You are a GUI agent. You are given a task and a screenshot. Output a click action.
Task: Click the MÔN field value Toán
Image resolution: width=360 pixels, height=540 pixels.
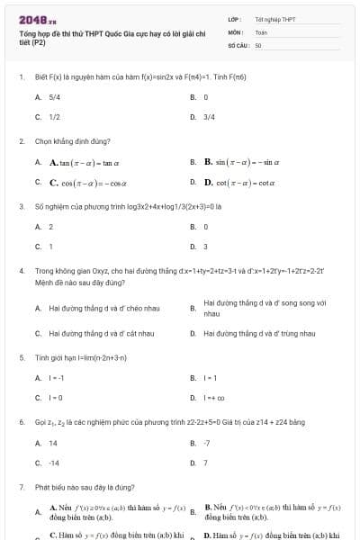click(261, 31)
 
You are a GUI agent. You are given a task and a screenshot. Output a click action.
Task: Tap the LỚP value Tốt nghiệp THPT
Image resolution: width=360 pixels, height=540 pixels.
click(274, 19)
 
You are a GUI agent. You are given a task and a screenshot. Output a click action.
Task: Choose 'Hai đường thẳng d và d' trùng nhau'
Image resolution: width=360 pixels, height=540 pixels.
click(259, 334)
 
